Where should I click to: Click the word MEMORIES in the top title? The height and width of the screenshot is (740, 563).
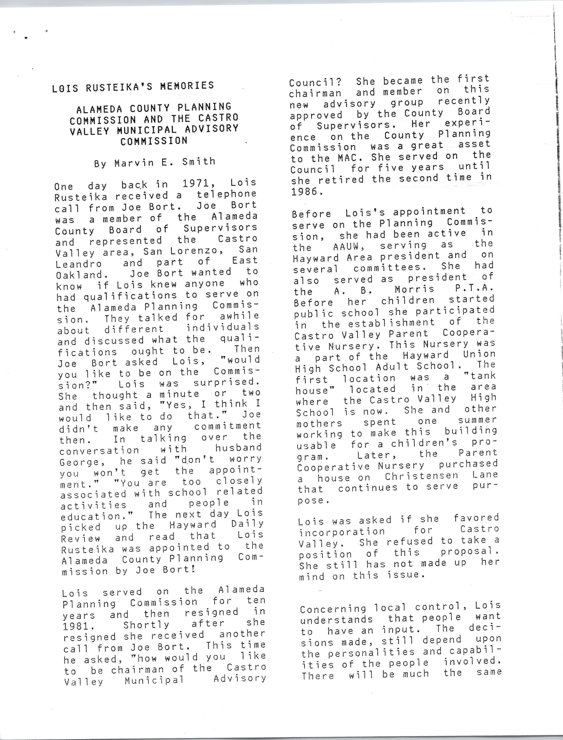point(187,86)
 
